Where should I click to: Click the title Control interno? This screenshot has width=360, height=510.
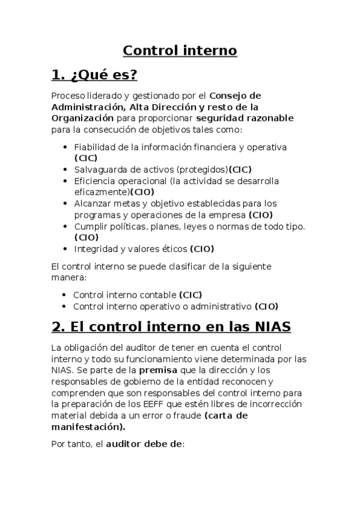(180, 50)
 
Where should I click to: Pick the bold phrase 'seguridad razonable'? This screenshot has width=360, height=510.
(253, 118)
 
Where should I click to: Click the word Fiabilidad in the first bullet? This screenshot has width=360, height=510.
(95, 147)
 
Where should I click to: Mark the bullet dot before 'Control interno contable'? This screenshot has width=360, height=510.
(64, 295)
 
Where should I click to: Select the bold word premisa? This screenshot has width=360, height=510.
(159, 370)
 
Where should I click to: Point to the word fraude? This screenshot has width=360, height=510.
(185, 416)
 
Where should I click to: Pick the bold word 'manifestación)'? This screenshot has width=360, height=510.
(88, 427)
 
